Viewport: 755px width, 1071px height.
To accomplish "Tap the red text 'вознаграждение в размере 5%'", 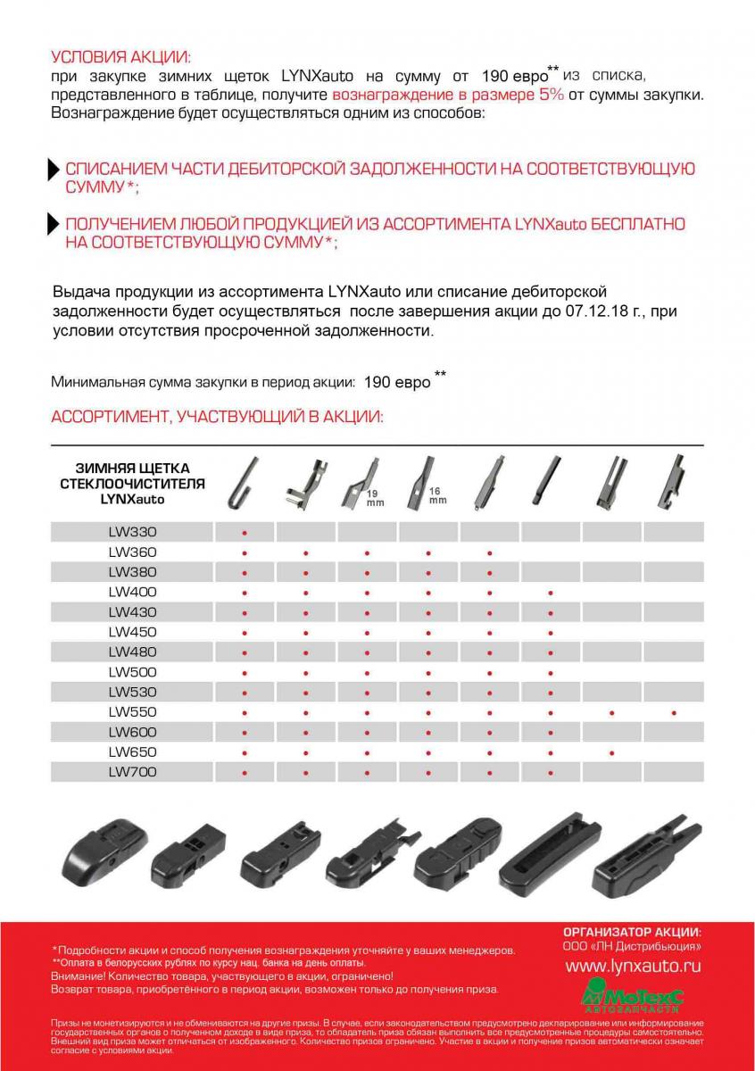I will point(447,95).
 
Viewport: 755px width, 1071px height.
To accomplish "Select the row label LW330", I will point(132,532).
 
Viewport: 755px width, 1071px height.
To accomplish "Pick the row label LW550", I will point(132,712).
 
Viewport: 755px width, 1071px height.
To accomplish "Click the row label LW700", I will point(132,772).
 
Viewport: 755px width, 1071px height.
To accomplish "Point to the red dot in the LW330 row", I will point(245,533).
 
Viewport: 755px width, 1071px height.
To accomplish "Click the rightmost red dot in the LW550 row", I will point(674,713).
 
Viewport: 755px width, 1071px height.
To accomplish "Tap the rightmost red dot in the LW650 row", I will point(612,753).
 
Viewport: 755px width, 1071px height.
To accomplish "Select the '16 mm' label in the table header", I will point(436,495).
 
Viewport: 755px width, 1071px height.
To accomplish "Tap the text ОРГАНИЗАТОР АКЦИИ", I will point(632,932).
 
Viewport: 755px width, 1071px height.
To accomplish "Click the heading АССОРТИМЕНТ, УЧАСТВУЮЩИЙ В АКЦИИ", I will point(217,417).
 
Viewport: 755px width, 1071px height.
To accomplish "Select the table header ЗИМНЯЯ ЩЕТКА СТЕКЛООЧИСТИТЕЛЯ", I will point(132,484).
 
